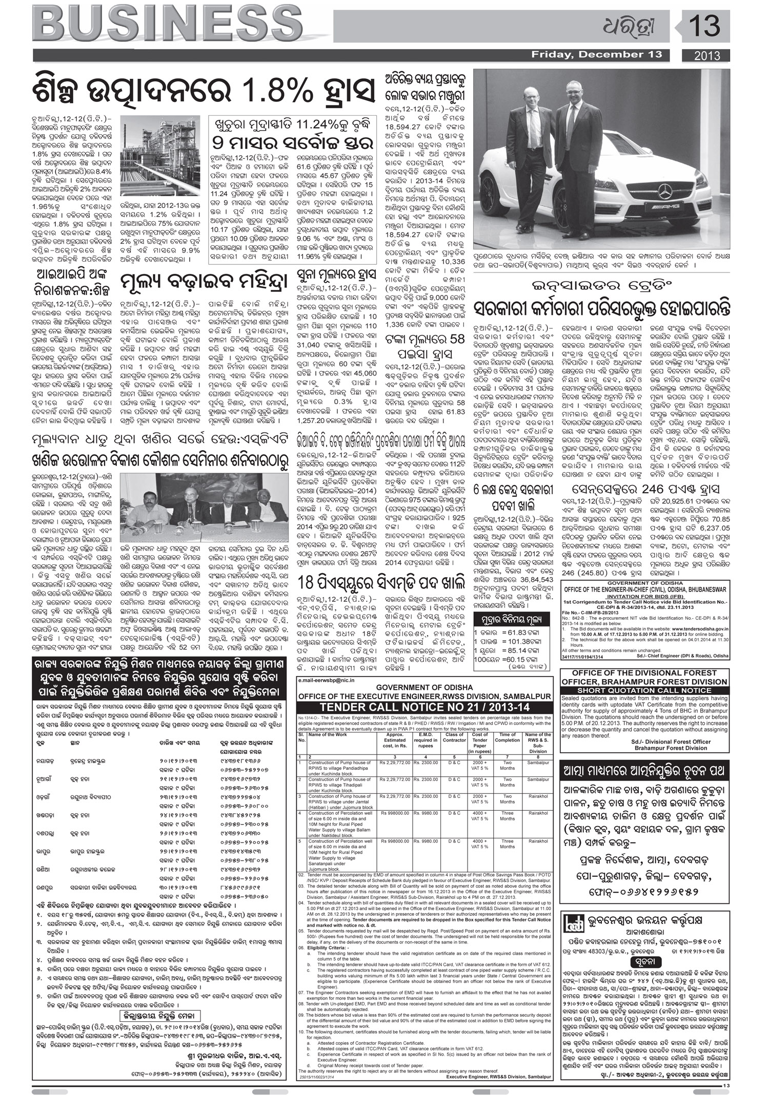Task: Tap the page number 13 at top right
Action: click(x=705, y=26)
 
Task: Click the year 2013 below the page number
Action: click(x=707, y=55)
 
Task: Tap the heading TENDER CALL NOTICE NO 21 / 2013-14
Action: click(x=425, y=706)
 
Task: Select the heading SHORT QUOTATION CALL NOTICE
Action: click(x=645, y=690)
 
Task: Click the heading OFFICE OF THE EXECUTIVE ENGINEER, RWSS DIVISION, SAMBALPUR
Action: click(x=425, y=697)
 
